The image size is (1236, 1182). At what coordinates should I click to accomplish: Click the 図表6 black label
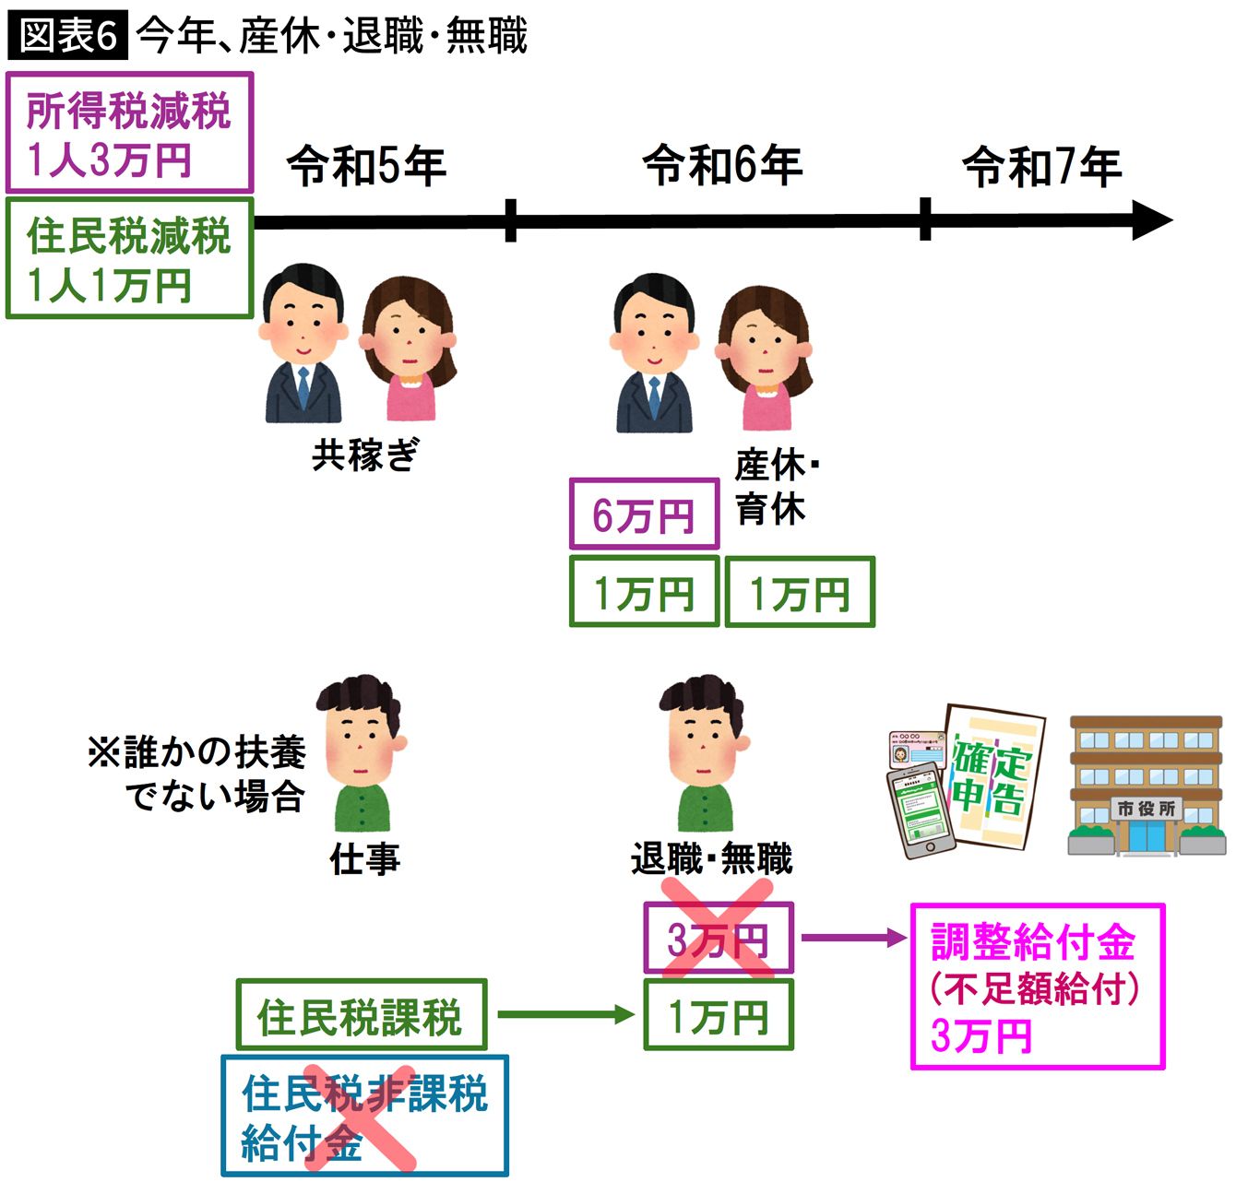coord(67,37)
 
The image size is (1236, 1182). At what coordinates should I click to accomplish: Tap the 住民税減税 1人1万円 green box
coord(129,259)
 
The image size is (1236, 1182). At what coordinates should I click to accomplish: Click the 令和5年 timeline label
coord(366,167)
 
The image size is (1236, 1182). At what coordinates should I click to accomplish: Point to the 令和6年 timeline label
coord(722,165)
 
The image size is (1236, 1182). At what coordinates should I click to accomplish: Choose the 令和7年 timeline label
coord(1041,167)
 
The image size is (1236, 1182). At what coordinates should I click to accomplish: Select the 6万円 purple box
coord(644,514)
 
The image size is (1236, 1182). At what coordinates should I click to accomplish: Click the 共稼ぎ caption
coord(365,455)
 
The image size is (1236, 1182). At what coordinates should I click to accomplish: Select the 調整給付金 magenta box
coord(1037,987)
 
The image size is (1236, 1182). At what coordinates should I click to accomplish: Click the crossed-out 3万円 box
coord(719,939)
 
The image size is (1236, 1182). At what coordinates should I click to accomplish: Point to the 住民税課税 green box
coord(361,1015)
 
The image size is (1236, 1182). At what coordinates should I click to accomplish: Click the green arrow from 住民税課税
coord(565,1015)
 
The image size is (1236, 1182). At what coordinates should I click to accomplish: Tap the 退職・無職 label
coord(711,859)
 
